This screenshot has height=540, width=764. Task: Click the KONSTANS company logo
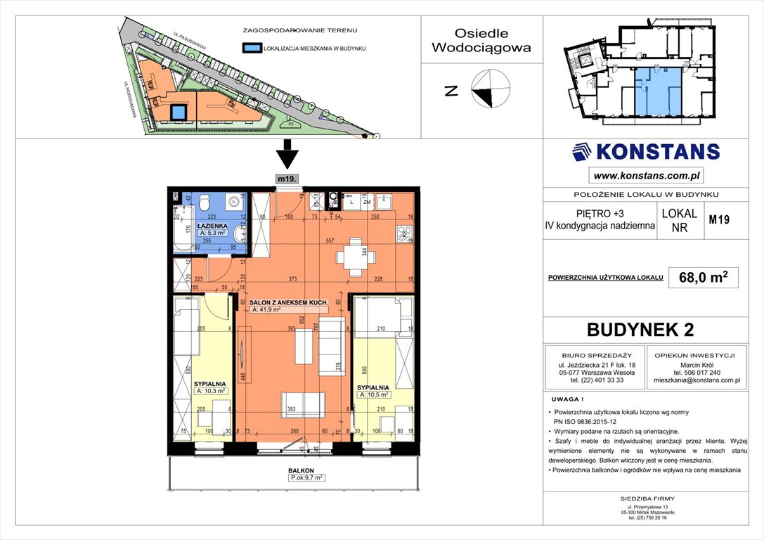[x=645, y=152]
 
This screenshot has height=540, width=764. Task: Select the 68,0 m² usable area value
[x=698, y=278]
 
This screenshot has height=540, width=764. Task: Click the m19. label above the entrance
[x=287, y=179]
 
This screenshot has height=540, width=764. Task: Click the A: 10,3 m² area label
[x=211, y=391]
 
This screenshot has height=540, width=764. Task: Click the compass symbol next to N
[x=489, y=90]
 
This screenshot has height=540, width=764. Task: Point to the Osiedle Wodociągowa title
[x=481, y=41]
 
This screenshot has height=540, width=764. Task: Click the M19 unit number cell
[x=718, y=220]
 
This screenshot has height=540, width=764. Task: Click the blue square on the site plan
[x=179, y=112]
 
